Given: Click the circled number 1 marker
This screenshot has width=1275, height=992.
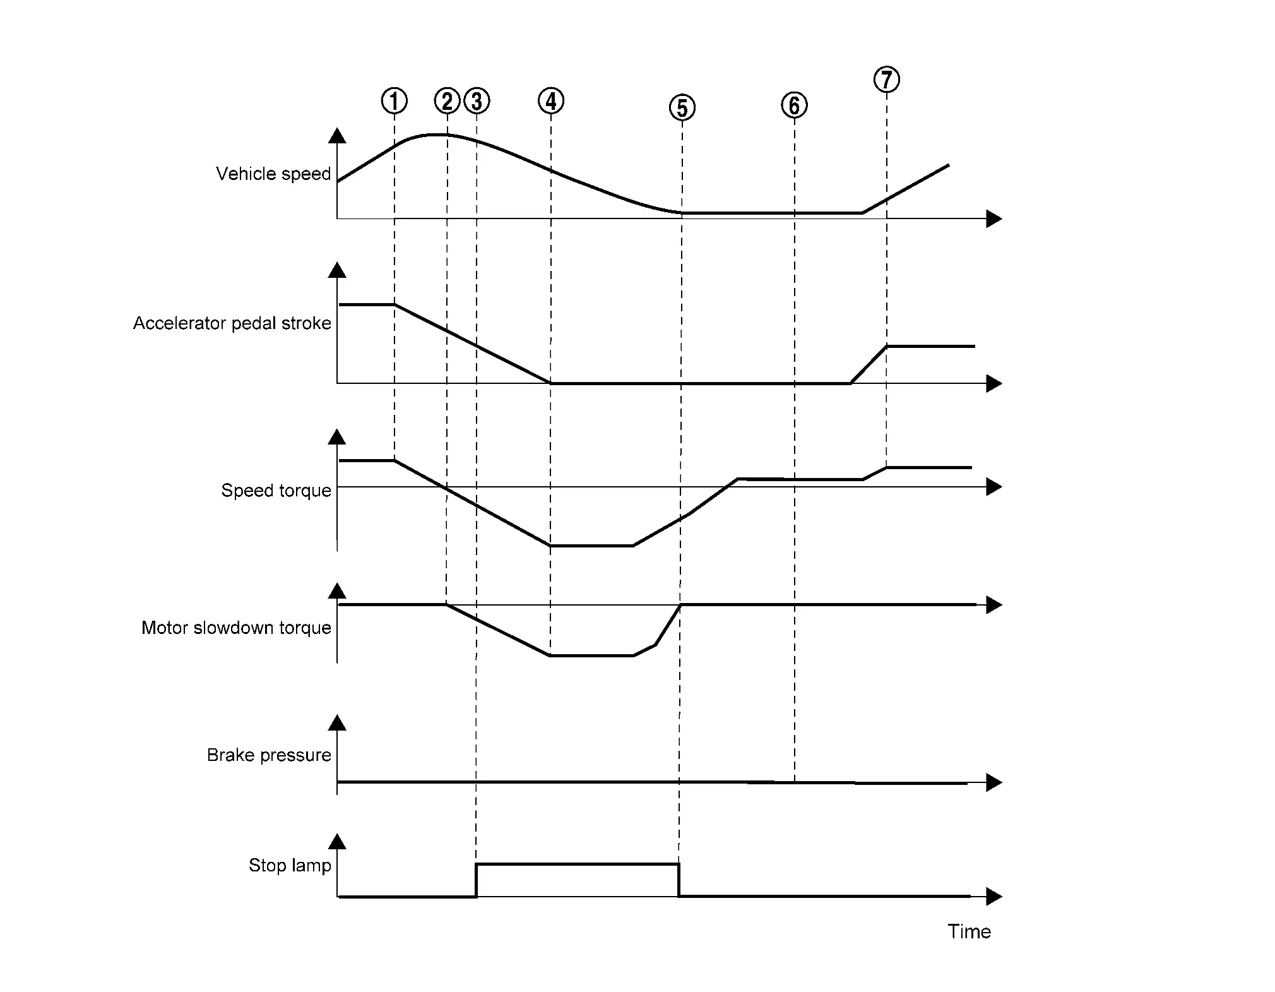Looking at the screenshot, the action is click(394, 101).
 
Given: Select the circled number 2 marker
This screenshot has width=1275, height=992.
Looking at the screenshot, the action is click(448, 101).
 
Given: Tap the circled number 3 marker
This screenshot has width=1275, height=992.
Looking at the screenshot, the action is click(477, 101).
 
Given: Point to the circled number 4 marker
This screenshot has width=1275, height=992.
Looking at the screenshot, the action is click(551, 101).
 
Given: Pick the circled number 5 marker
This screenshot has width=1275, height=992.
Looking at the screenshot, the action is click(682, 108).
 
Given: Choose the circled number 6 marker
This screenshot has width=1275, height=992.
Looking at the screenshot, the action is click(794, 105).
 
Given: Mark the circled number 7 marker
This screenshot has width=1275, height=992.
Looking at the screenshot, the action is click(887, 80).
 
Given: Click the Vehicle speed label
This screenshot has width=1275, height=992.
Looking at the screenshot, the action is click(273, 174).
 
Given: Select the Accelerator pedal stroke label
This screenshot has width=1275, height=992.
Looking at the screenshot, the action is click(232, 323).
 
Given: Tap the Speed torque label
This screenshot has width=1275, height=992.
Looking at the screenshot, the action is click(276, 491).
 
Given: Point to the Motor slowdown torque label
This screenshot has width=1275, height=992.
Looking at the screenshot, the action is click(236, 628).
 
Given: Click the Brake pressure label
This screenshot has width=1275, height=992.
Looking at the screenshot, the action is click(269, 755).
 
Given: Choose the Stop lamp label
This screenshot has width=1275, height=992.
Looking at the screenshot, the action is click(290, 865).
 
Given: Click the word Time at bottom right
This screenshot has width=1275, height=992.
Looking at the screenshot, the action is click(970, 931).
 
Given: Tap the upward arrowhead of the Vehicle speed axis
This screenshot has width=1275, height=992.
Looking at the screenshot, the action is click(338, 136).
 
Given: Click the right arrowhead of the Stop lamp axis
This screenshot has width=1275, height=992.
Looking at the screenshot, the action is click(994, 896).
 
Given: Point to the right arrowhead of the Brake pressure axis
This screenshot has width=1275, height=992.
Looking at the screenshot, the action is click(994, 783).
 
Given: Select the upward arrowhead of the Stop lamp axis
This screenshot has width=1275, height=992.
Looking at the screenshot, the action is click(338, 842).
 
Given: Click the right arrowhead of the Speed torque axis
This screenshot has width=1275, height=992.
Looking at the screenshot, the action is click(994, 487).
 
